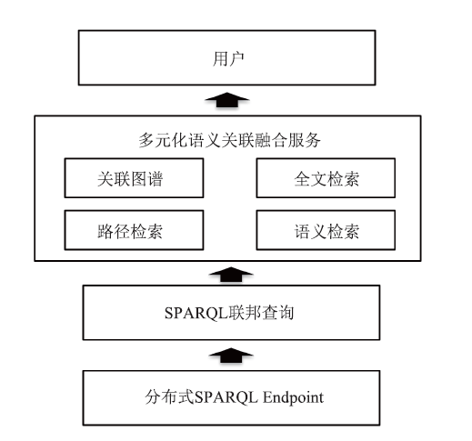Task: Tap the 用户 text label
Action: tap(228, 58)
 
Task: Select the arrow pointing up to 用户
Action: tap(227, 100)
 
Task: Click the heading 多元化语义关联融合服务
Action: tap(229, 140)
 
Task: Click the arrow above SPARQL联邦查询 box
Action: tap(231, 275)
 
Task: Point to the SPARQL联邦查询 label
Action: tap(229, 313)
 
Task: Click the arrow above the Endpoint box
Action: tap(231, 356)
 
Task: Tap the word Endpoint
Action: tap(293, 398)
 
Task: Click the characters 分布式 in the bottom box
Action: tap(169, 397)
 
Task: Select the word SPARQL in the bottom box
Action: tap(226, 397)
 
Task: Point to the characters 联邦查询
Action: tap(261, 313)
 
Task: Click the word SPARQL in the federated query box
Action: tap(196, 313)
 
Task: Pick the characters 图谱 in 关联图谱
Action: tap(146, 179)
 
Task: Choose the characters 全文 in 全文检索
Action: tap(310, 179)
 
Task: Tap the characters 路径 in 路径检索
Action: tap(114, 232)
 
